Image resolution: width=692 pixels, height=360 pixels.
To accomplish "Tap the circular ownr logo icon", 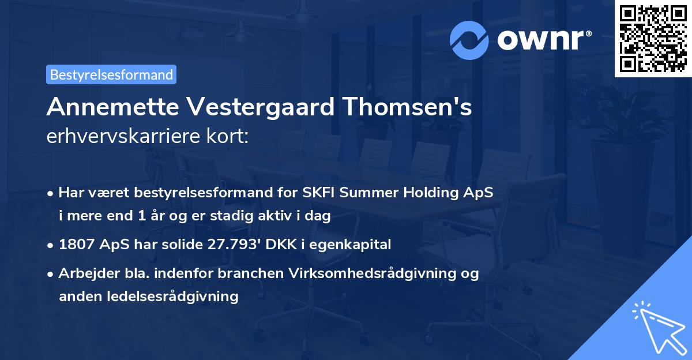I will click(469, 40).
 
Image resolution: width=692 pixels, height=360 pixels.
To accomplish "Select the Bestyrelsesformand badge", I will click(111, 74).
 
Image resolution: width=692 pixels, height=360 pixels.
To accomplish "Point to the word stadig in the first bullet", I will click(232, 216).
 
